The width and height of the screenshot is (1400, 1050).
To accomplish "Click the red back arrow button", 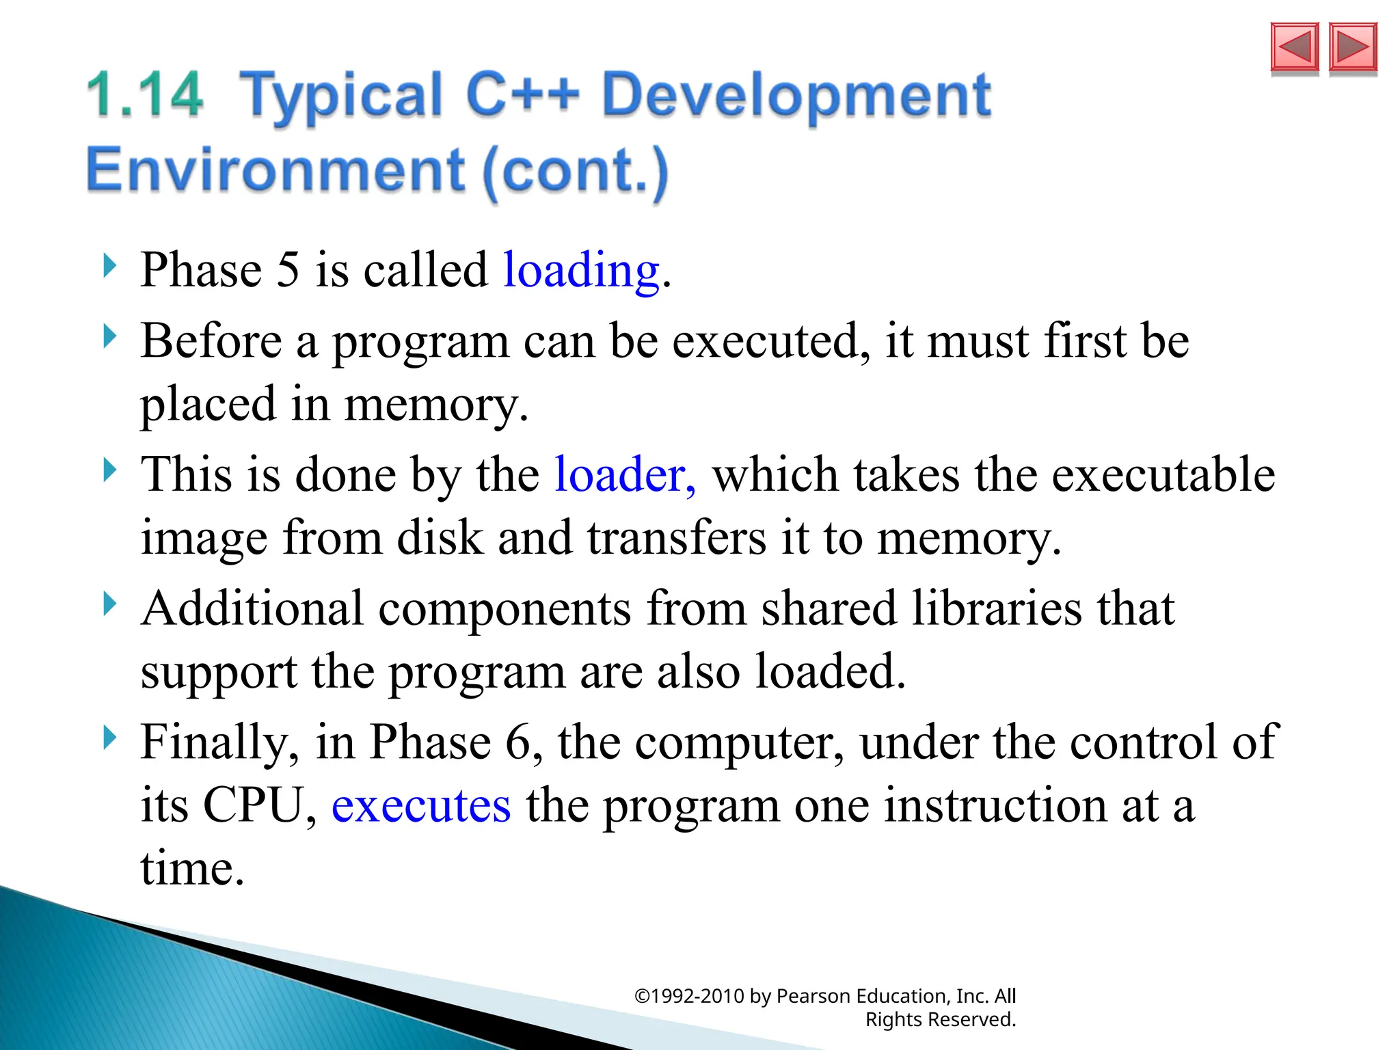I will pyautogui.click(x=1294, y=47).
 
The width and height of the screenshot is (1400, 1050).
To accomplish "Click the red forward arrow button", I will pyautogui.click(x=1353, y=47).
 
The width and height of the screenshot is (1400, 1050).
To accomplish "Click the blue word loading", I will pyautogui.click(x=582, y=270).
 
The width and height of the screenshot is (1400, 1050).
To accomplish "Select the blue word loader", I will pyautogui.click(x=624, y=474).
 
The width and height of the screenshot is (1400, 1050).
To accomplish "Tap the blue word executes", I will pyautogui.click(x=421, y=805).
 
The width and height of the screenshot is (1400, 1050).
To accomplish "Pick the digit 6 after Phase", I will pyautogui.click(x=518, y=742).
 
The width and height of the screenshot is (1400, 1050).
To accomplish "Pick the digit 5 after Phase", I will pyautogui.click(x=288, y=270).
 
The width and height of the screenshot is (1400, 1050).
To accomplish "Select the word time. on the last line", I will pyautogui.click(x=192, y=869).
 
